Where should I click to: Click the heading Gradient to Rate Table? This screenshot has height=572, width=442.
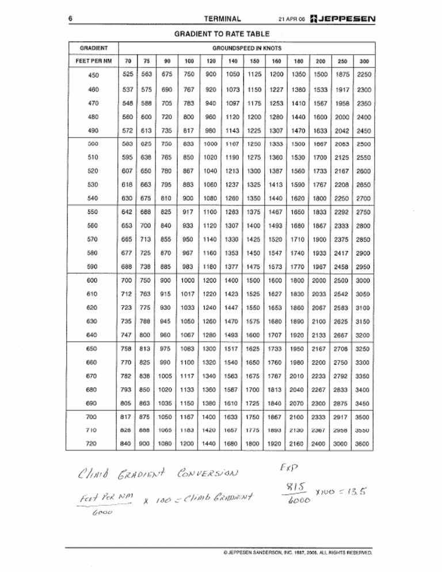pyautogui.click(x=222, y=34)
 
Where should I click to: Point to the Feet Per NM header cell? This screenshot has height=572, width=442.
pyautogui.click(x=92, y=60)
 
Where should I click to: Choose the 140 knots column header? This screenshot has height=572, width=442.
pyautogui.click(x=233, y=60)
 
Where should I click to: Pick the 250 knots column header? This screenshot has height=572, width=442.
pyautogui.click(x=342, y=60)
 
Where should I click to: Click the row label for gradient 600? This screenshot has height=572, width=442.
pyautogui.click(x=92, y=280)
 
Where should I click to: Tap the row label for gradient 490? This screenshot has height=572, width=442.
pyautogui.click(x=92, y=130)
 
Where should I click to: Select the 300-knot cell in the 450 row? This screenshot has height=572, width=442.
pyautogui.click(x=364, y=75)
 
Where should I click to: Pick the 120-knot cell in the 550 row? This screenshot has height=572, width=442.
pyautogui.click(x=211, y=211)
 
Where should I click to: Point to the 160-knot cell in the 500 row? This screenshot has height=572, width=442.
pyautogui.click(x=276, y=144)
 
